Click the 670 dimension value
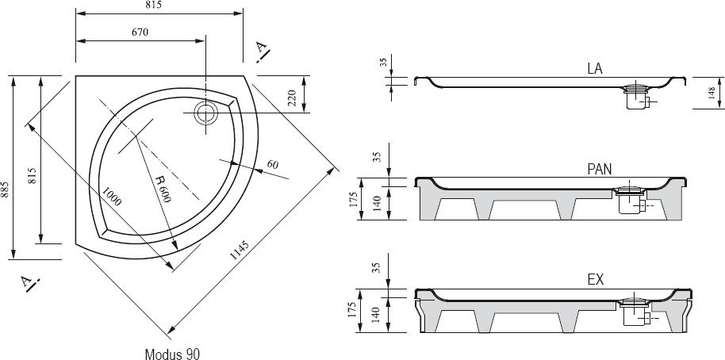[140, 32]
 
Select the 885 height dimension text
[5, 190]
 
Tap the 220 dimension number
[292, 98]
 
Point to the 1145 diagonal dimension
[240, 250]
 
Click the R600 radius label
[163, 189]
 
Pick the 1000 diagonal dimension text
[111, 196]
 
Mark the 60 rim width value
[273, 164]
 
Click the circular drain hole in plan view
[205, 113]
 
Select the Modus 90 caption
[172, 354]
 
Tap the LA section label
[595, 69]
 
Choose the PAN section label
[599, 170]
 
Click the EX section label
[596, 280]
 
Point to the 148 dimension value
[712, 93]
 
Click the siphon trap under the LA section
[637, 97]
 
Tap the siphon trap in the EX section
[635, 312]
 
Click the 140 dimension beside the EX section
[376, 315]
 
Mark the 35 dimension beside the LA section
[383, 63]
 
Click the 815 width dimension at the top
[153, 5]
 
